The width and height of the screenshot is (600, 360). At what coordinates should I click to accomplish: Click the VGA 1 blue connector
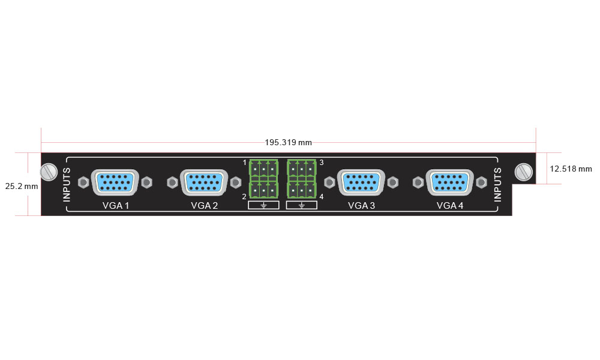pos(115,182)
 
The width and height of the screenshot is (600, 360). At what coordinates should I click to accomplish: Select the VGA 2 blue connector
pos(204,182)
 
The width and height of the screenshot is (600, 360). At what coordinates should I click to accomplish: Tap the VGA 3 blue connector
pos(361,182)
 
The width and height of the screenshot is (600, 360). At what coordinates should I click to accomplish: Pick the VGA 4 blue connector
pos(449,182)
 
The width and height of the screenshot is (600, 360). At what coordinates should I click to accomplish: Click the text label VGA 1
pos(116,206)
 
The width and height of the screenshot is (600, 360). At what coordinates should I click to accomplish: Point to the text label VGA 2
pos(205,206)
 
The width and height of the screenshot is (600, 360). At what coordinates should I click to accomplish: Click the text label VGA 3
pos(362,206)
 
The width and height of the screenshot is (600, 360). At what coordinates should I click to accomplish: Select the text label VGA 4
pos(450,206)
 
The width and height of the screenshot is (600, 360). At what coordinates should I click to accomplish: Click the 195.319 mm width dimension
pos(289,143)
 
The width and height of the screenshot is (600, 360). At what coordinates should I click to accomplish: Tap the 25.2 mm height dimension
pos(22,187)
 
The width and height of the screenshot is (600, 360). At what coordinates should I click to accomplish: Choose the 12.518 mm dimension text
pos(571,169)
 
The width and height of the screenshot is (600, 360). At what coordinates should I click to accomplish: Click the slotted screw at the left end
pos(49,172)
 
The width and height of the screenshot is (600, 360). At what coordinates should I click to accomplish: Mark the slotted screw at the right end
pos(524,172)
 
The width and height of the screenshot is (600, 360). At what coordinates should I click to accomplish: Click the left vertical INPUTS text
pos(67,185)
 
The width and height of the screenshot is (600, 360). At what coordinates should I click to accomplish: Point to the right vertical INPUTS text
pos(497,185)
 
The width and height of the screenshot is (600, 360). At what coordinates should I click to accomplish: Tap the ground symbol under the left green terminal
pos(263,205)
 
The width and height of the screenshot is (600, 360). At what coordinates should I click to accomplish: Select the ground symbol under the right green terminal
pos(302,205)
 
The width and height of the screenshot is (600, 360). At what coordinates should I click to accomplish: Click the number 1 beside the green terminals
pos(245,163)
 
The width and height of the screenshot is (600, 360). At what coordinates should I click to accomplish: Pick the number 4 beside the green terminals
pos(322,197)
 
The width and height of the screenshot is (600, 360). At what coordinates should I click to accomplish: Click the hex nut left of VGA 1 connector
pos(83,182)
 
